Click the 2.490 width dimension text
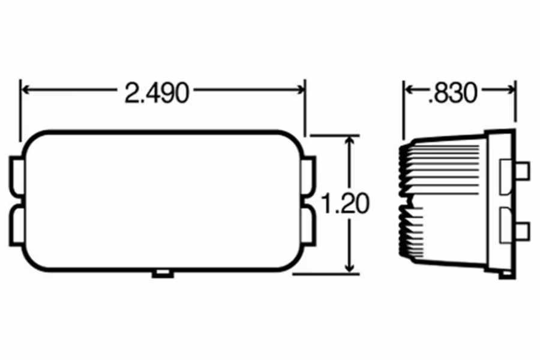[157, 93]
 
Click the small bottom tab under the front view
[162, 274]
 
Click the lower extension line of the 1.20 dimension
[324, 274]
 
